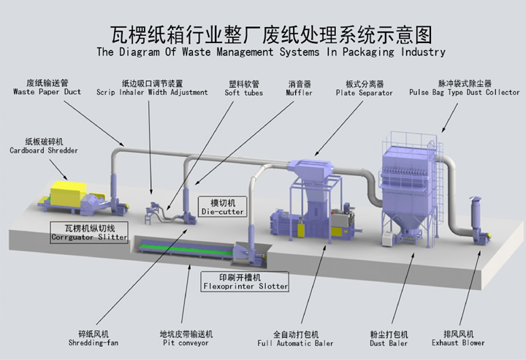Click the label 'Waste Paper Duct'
(x=47, y=92)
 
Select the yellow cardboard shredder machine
(x=67, y=194)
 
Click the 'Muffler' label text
(x=300, y=93)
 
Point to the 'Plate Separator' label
(x=365, y=93)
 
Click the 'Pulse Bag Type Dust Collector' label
(x=464, y=93)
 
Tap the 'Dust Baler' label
(x=389, y=342)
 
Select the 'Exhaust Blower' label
(x=458, y=342)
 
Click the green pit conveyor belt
(x=186, y=248)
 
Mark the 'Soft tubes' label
(x=243, y=93)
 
